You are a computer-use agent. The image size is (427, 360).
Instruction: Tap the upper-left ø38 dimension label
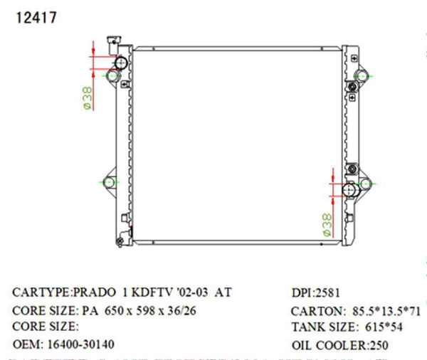click(86, 97)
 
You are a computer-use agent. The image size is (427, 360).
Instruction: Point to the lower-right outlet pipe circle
click(352, 191)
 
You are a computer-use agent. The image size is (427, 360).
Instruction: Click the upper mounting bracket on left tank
click(110, 75)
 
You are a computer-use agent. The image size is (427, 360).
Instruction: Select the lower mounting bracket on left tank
click(109, 183)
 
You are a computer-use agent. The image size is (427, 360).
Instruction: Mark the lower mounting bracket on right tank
click(364, 184)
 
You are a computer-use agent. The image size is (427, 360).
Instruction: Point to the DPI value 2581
click(328, 292)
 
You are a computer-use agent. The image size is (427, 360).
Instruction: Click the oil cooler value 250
click(377, 346)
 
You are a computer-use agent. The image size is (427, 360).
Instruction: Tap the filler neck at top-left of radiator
click(112, 42)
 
